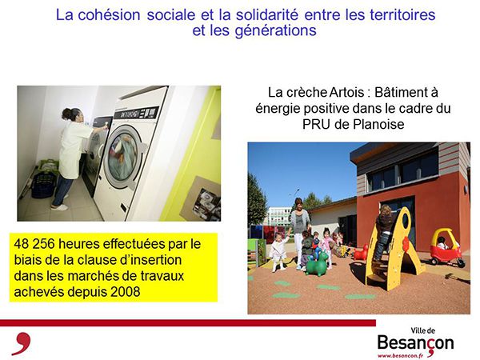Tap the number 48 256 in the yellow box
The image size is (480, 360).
(34, 244)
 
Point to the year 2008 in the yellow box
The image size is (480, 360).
(126, 291)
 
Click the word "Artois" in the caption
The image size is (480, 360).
(347, 92)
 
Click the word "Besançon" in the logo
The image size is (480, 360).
(415, 342)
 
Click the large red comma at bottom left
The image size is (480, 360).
(22, 343)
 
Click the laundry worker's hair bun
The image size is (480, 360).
(66, 114)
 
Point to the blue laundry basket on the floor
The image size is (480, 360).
(43, 186)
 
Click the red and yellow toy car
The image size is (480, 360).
(446, 247)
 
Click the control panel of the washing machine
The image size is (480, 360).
(136, 113)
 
